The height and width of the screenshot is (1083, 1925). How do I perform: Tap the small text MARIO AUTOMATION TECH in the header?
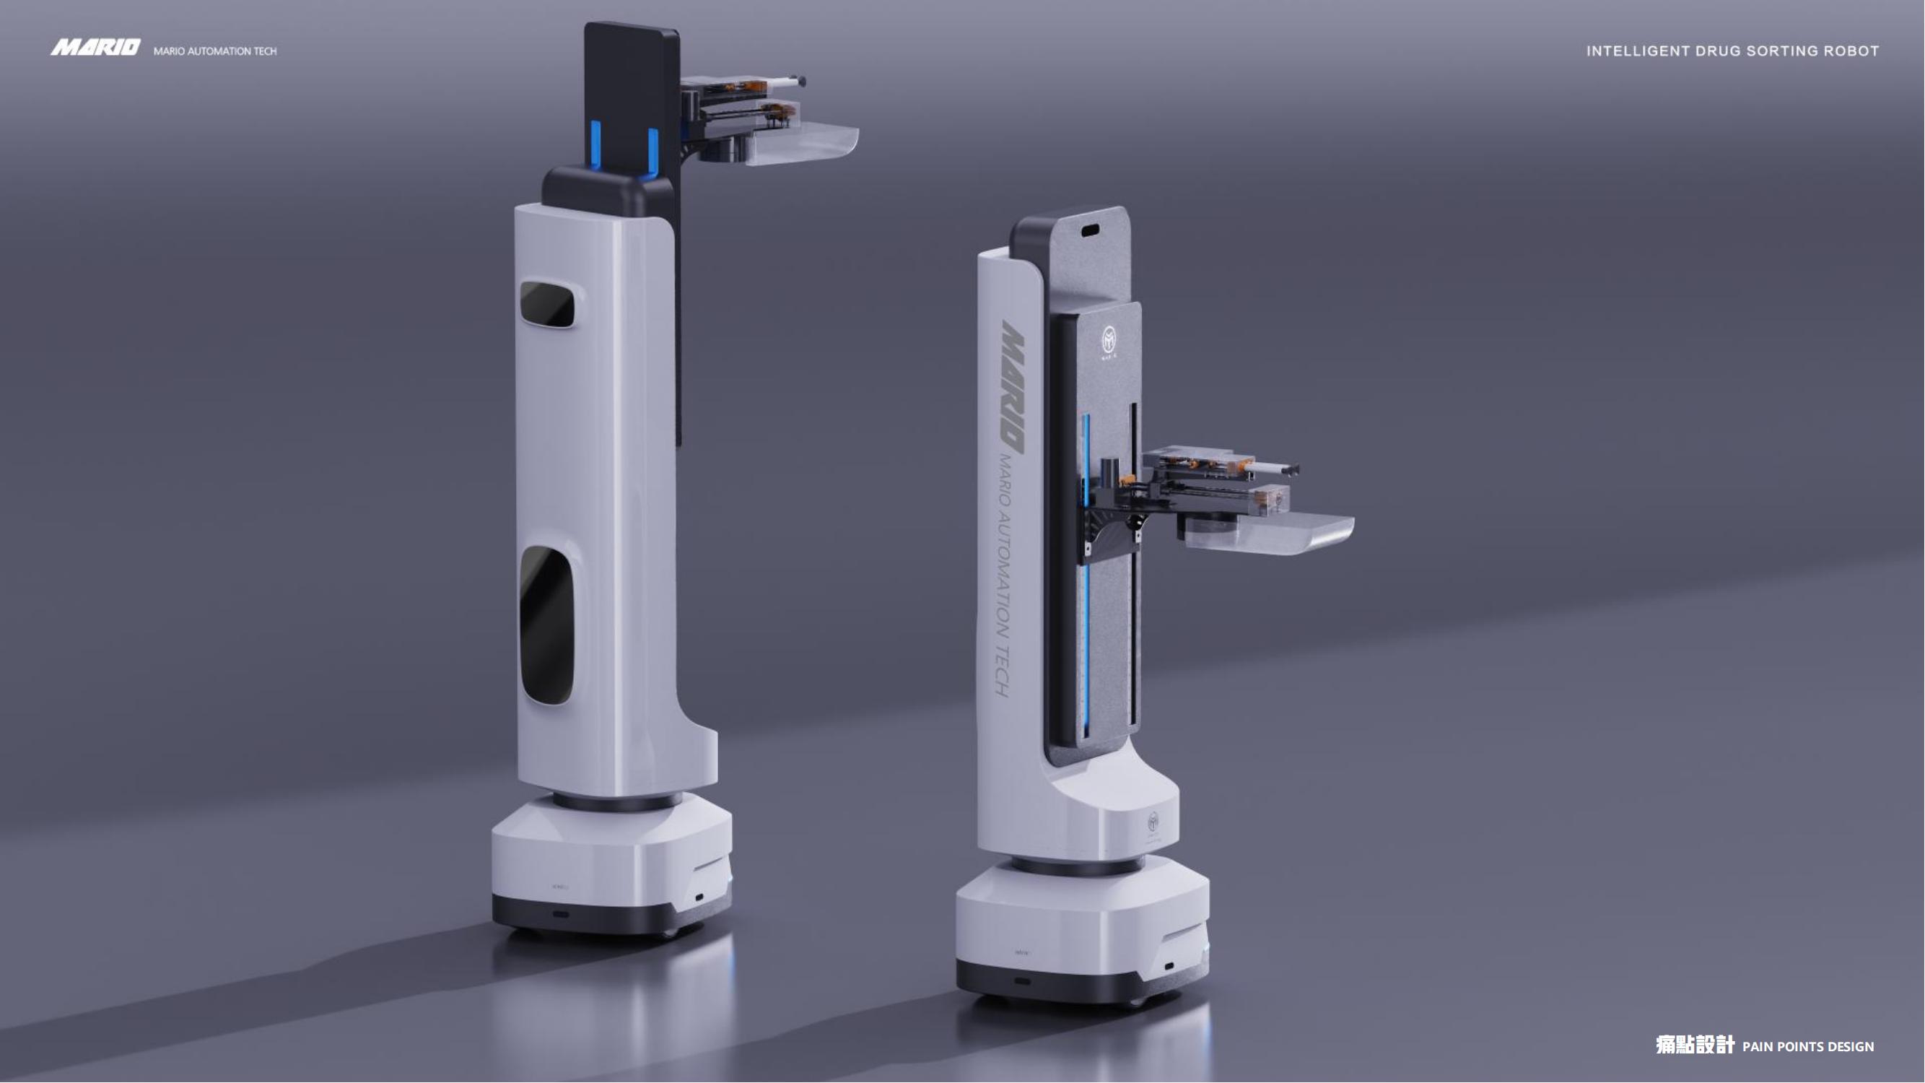point(214,51)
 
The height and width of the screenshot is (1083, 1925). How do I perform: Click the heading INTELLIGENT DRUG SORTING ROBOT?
point(1732,51)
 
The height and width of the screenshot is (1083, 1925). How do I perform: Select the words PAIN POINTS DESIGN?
point(1807,1047)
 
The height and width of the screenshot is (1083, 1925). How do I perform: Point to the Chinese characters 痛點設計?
point(1694,1045)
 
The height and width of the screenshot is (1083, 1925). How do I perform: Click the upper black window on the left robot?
point(547,303)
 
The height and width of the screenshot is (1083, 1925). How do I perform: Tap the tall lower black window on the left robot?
point(546,624)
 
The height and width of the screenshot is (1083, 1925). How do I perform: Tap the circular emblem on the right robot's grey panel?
point(1109,340)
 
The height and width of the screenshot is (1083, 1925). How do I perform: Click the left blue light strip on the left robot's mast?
point(595,146)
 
